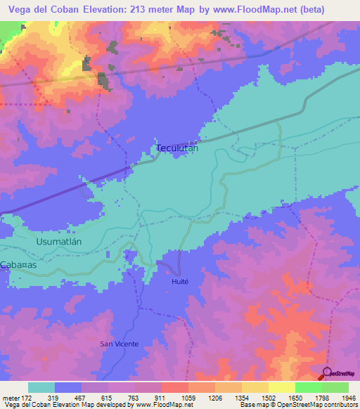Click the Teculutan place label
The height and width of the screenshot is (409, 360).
point(176,148)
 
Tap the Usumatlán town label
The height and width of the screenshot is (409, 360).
point(59,241)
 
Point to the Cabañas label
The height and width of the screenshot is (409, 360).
point(18,264)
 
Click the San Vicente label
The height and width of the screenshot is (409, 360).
point(119,344)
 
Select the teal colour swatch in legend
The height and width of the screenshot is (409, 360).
point(41,387)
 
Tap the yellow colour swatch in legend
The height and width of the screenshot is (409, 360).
point(281,387)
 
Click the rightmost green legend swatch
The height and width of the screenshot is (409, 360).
point(335,387)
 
